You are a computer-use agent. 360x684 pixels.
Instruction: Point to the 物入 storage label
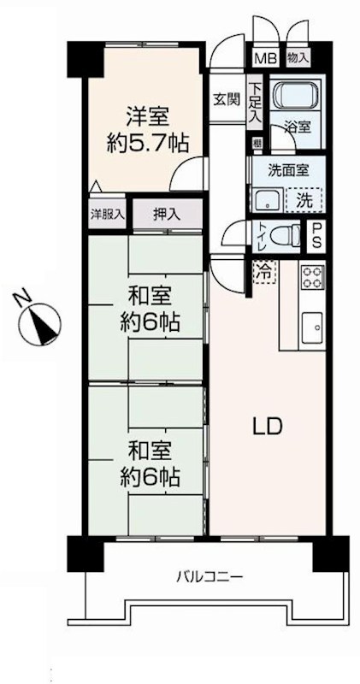[x=298, y=58]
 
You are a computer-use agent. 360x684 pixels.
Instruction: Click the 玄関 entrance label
[x=228, y=98]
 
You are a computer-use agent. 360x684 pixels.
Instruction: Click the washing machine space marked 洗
[x=304, y=199]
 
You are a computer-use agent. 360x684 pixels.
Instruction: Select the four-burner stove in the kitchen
[x=312, y=278]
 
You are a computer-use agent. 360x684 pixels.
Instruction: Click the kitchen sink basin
[x=313, y=327]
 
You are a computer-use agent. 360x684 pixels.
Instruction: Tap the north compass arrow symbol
[x=39, y=321]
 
